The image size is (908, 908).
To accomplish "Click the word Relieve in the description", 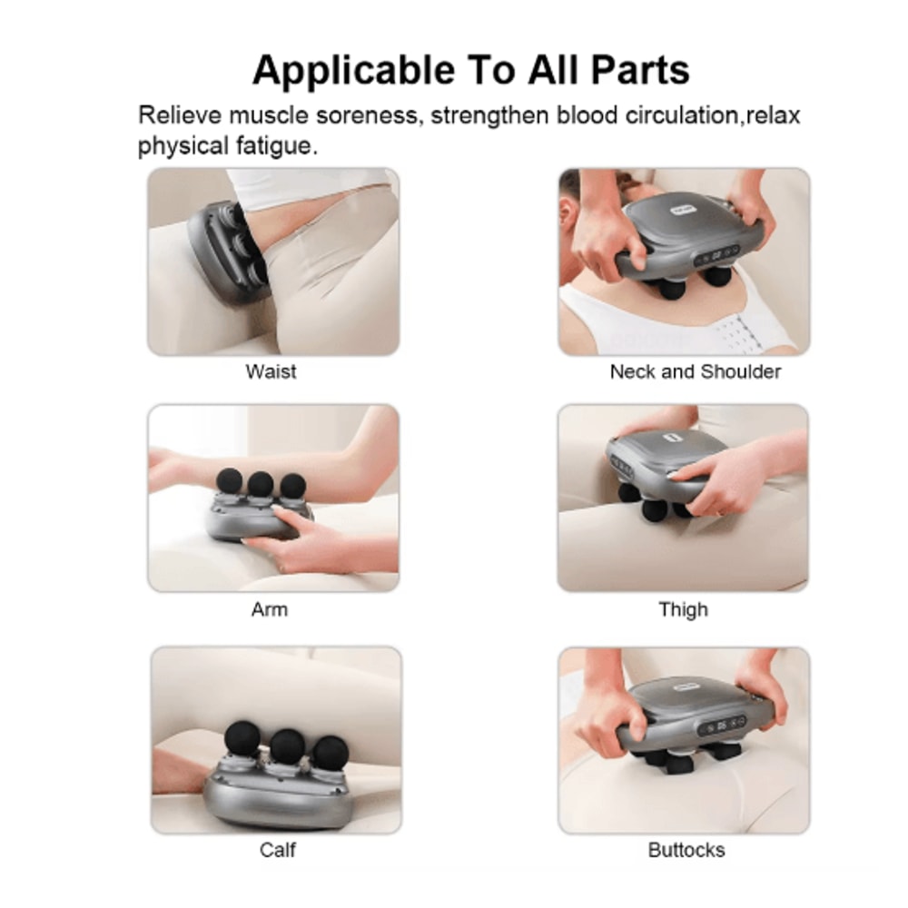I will point(179,116).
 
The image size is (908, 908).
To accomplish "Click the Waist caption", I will point(271,371).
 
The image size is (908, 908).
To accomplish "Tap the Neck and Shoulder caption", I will point(695,371).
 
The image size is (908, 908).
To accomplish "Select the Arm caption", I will point(270,609).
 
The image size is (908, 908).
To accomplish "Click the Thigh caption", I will point(683,609).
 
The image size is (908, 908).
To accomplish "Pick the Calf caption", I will point(277,850).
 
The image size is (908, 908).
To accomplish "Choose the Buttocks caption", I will point(686,850).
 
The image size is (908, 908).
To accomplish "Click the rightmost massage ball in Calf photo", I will point(331,753).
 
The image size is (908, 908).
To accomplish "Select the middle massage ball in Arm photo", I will point(261,483).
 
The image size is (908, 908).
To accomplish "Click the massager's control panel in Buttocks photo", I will point(719,726).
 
